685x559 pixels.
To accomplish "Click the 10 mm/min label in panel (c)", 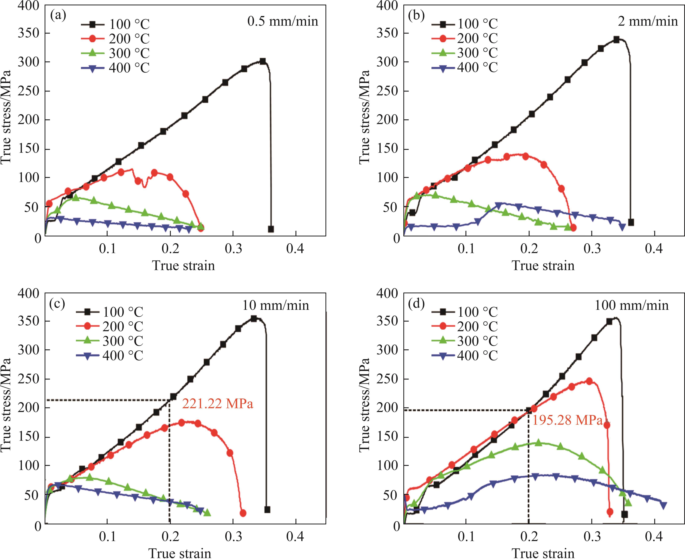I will pyautogui.click(x=276, y=305).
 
